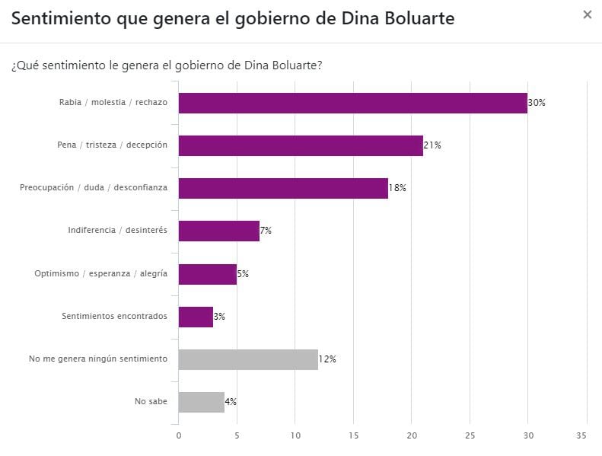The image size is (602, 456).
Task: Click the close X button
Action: (x=587, y=14)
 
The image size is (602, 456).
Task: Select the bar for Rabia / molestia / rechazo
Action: (x=352, y=103)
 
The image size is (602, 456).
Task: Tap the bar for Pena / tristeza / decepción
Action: (x=301, y=145)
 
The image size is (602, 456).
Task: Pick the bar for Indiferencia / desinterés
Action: (x=219, y=231)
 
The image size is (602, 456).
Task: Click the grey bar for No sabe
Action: (x=202, y=401)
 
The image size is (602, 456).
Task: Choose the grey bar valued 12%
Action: (x=248, y=359)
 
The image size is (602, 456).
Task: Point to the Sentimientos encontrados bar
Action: (x=196, y=316)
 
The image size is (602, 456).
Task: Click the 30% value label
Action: (x=537, y=103)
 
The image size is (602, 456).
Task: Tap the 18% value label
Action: (x=397, y=188)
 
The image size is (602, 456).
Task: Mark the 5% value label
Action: (x=243, y=273)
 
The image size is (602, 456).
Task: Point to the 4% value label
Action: (x=231, y=401)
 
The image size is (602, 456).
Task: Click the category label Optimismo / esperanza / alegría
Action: (x=100, y=273)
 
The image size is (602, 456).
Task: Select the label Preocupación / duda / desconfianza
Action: (x=94, y=188)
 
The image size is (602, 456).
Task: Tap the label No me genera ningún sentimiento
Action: (x=97, y=359)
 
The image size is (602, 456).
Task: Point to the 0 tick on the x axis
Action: (x=179, y=435)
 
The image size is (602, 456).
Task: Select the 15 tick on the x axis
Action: (x=353, y=435)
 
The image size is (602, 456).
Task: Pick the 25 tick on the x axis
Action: (x=470, y=435)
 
